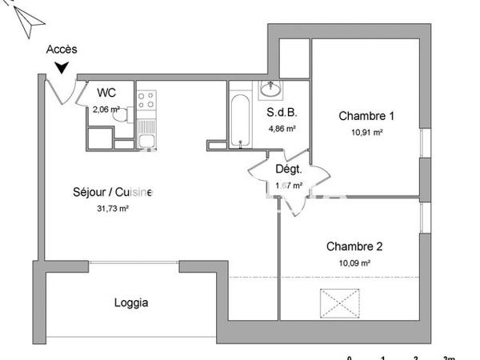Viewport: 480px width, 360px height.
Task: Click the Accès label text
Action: pyautogui.click(x=61, y=50)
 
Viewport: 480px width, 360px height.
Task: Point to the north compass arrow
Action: pyautogui.click(x=27, y=22)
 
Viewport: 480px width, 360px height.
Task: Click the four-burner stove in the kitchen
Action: pyautogui.click(x=146, y=101)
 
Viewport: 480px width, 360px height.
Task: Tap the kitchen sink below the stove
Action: pyautogui.click(x=146, y=142)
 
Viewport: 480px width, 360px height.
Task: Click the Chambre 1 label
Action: pyautogui.click(x=366, y=115)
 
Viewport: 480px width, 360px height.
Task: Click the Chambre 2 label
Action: pyautogui.click(x=354, y=246)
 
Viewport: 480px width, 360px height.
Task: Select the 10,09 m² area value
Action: pyautogui.click(x=354, y=262)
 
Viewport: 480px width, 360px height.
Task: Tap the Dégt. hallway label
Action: pyautogui.click(x=288, y=170)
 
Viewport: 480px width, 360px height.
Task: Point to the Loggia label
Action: pyautogui.click(x=131, y=303)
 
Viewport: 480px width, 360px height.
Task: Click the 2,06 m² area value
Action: pyautogui.click(x=106, y=110)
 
